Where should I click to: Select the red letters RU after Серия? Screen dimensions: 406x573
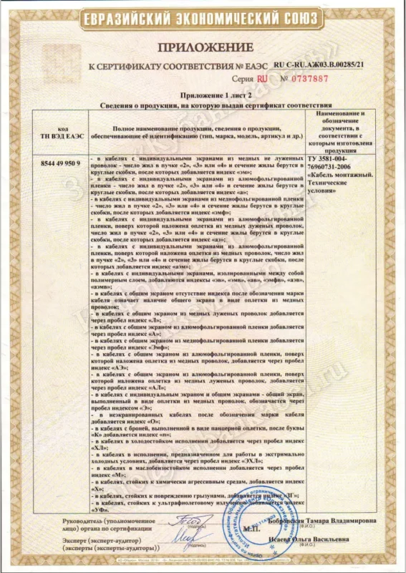(x=262, y=78)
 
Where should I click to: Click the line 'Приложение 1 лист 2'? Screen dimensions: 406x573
(x=203, y=95)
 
